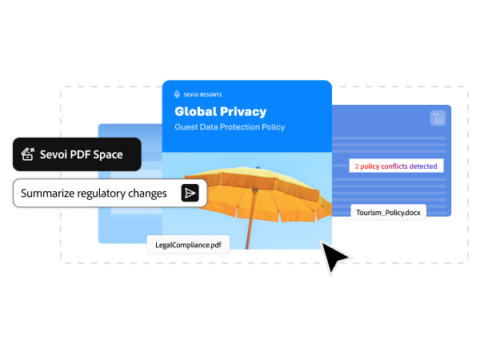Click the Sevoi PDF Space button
tap(77, 154)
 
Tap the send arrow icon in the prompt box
tap(190, 193)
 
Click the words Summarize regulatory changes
tap(94, 194)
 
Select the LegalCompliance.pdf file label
tap(188, 245)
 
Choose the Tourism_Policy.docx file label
tap(388, 213)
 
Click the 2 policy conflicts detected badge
tap(396, 166)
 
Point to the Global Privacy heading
tap(221, 112)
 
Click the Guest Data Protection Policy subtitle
tap(230, 127)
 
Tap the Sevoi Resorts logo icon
tap(177, 94)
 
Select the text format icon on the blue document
tap(438, 118)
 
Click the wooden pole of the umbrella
tap(251, 219)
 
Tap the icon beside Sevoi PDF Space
tap(28, 154)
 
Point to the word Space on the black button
tap(108, 155)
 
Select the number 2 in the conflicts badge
tap(357, 166)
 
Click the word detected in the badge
tap(423, 166)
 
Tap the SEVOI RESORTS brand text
tap(202, 95)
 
